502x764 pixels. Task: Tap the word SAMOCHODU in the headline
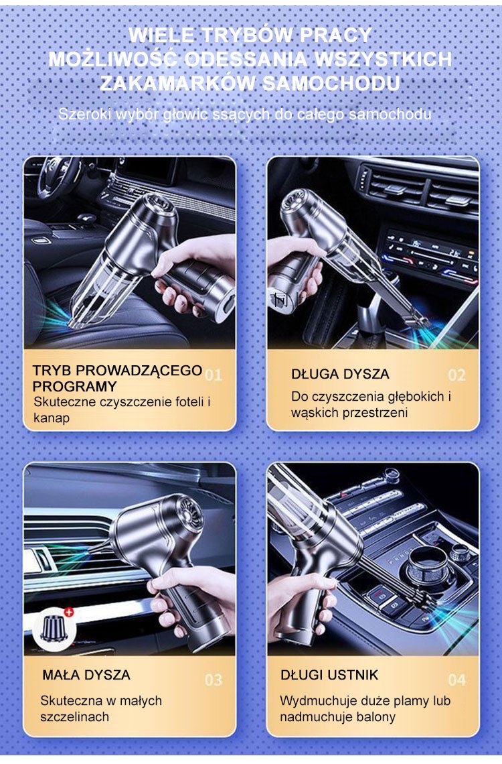pos(331,83)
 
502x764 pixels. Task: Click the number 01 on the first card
pos(214,375)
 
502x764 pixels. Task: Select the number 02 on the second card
pos(456,375)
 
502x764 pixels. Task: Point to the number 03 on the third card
pos(214,680)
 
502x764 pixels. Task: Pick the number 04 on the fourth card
pos(456,680)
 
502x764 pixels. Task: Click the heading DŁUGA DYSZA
pos(341,374)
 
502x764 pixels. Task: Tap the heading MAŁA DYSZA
pos(86,675)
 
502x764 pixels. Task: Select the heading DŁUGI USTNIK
pos(329,675)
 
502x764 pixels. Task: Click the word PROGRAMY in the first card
pos(75,387)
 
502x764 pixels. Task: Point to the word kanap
pos(52,418)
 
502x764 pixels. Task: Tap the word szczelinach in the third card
pos(75,716)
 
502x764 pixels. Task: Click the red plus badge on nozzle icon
pos(68,612)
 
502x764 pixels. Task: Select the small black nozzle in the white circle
pos(54,629)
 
